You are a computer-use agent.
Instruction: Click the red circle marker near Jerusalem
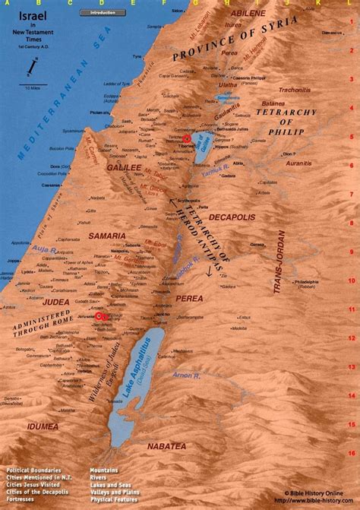click(100, 316)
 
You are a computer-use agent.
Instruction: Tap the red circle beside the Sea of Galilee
click(186, 138)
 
